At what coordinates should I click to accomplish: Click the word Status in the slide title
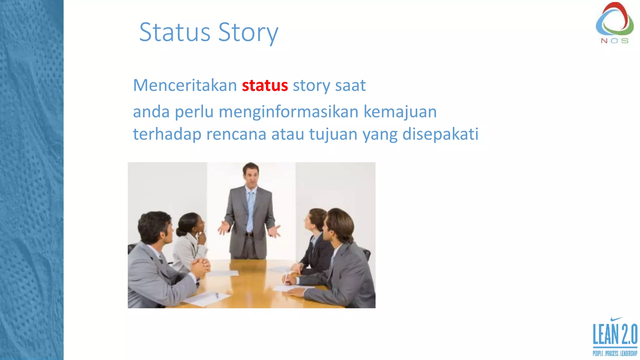175,32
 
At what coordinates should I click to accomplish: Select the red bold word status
265,85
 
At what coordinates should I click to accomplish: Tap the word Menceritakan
185,85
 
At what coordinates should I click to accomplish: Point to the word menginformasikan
288,112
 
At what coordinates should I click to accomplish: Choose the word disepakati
440,134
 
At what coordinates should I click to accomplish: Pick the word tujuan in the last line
333,134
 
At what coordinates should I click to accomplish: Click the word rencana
236,134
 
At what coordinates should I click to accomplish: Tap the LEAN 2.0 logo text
615,334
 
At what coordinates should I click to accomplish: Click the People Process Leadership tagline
615,353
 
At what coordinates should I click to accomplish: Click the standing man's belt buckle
249,234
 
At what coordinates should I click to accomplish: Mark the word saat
350,85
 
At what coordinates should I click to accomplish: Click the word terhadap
167,134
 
